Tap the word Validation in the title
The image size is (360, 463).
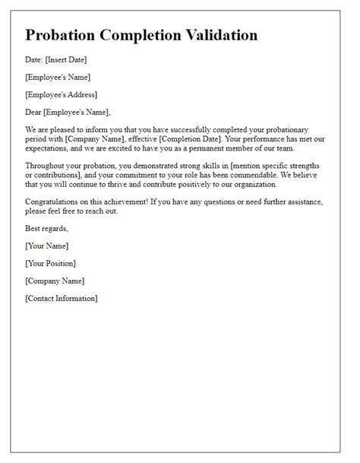(220, 36)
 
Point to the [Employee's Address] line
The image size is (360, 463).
(62, 95)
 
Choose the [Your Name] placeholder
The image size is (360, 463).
(47, 246)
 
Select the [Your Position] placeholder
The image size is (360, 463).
(50, 263)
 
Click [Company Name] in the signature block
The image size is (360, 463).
(55, 281)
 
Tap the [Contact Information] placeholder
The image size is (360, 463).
(62, 299)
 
